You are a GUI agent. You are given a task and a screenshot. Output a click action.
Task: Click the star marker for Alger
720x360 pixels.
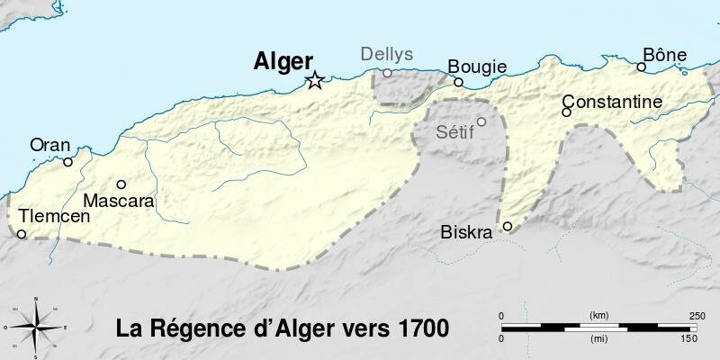[x=314, y=82]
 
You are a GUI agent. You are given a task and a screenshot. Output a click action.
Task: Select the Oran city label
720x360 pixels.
[x=49, y=144]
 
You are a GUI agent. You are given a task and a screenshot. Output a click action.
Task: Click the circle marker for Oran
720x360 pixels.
[x=67, y=163]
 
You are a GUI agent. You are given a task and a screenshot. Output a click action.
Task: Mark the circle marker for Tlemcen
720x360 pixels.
[x=22, y=235]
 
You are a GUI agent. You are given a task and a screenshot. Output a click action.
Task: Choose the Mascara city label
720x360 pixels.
[x=119, y=201]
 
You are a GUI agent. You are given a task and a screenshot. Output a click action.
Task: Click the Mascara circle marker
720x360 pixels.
[x=121, y=184]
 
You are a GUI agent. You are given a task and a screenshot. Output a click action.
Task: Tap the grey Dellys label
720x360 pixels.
[x=387, y=55]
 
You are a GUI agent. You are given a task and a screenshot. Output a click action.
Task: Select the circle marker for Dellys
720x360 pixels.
[x=387, y=73]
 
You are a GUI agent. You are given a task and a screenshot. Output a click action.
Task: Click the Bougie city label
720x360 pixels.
[x=477, y=67]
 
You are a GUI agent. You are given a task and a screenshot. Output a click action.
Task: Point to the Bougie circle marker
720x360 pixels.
[x=458, y=82]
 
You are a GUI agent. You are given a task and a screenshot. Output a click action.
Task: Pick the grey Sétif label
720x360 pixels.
[x=454, y=131]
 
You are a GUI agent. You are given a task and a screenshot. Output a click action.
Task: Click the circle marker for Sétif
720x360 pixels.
[x=481, y=121]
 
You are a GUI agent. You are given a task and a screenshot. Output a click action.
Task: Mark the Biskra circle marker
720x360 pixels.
[x=508, y=226]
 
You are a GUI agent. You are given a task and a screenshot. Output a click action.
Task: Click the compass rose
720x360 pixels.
[x=34, y=327]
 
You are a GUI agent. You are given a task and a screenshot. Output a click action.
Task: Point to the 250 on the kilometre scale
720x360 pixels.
[x=696, y=315]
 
